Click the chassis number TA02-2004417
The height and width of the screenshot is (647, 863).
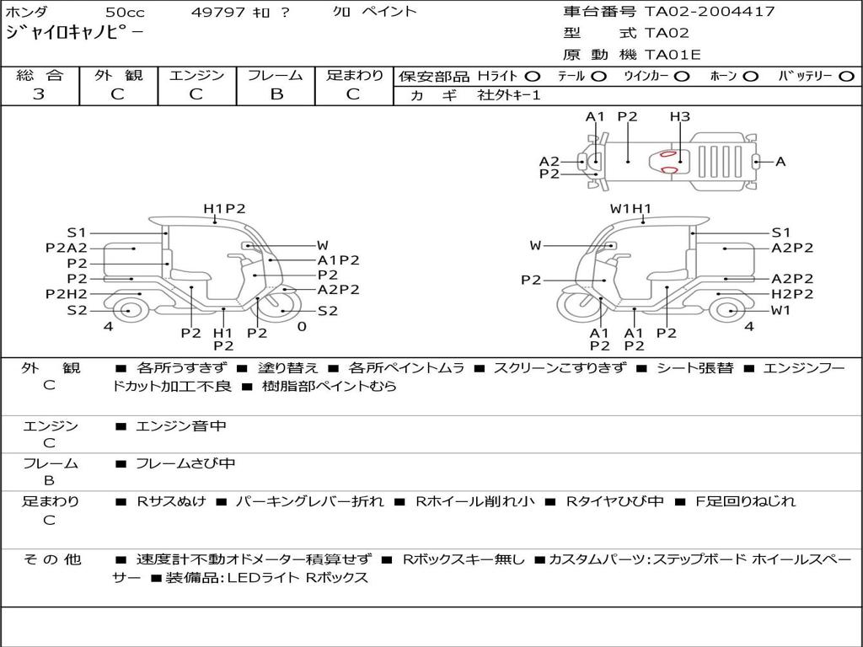pyautogui.click(x=710, y=11)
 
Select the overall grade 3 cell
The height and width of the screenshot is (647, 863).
pyautogui.click(x=39, y=94)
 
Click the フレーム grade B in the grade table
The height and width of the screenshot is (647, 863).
pyautogui.click(x=276, y=94)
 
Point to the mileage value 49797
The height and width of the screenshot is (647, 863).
pyautogui.click(x=217, y=12)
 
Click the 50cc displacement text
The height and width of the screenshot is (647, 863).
pyautogui.click(x=125, y=12)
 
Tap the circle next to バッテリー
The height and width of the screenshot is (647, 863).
pyautogui.click(x=846, y=77)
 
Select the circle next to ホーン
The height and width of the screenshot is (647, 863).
pyautogui.click(x=751, y=77)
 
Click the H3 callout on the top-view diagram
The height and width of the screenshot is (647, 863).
pyautogui.click(x=680, y=116)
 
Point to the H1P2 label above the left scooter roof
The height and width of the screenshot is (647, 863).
pyautogui.click(x=224, y=209)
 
